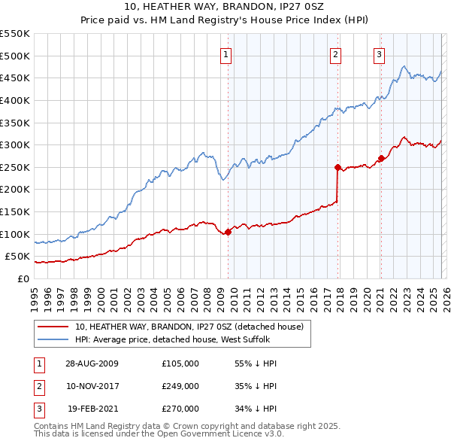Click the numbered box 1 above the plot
tap(226, 53)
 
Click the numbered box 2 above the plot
tap(335, 53)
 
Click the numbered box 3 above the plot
tap(379, 53)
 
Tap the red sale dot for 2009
tap(229, 232)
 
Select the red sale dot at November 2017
tap(337, 167)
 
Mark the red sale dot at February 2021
tap(381, 158)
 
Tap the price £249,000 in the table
tap(180, 386)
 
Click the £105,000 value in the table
tap(180, 363)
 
